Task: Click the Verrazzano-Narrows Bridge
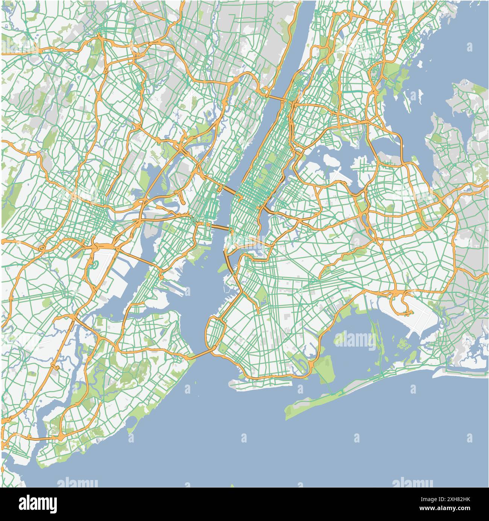pyautogui.click(x=203, y=353)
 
